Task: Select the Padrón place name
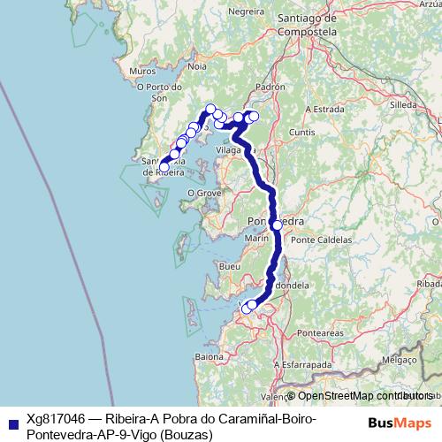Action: pos(271,88)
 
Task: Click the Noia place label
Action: pos(197,66)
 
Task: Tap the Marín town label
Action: pos(257,238)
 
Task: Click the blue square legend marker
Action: pos(11,421)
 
